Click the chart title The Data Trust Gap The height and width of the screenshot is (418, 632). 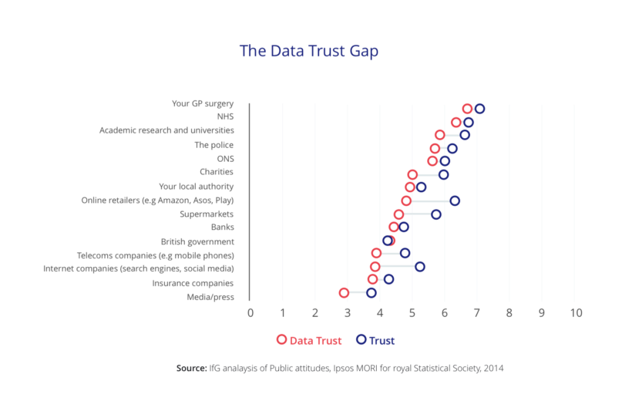pyautogui.click(x=309, y=51)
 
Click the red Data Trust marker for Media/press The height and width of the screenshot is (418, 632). pyautogui.click(x=344, y=293)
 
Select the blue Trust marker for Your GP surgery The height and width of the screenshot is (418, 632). pyautogui.click(x=479, y=109)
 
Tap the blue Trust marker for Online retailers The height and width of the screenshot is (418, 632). pyautogui.click(x=455, y=201)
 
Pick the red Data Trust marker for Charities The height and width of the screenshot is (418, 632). pyautogui.click(x=412, y=174)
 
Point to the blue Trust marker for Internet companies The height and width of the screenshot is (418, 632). pyautogui.click(x=420, y=267)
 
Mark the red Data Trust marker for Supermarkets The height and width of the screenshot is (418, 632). pyautogui.click(x=398, y=214)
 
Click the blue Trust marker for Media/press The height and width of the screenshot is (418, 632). pyautogui.click(x=371, y=293)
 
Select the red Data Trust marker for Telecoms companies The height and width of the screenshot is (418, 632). pyautogui.click(x=376, y=253)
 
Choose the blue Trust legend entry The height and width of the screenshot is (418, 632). pyautogui.click(x=375, y=340)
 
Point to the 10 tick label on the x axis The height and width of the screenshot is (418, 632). pyautogui.click(x=576, y=313)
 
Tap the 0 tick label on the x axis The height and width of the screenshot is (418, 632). pyautogui.click(x=250, y=313)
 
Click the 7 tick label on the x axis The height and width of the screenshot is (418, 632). pyautogui.click(x=477, y=313)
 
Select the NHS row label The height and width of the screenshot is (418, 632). pyautogui.click(x=225, y=116)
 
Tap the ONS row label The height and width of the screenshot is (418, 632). pyautogui.click(x=225, y=159)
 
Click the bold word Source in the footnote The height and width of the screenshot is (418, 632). pyautogui.click(x=191, y=369)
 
